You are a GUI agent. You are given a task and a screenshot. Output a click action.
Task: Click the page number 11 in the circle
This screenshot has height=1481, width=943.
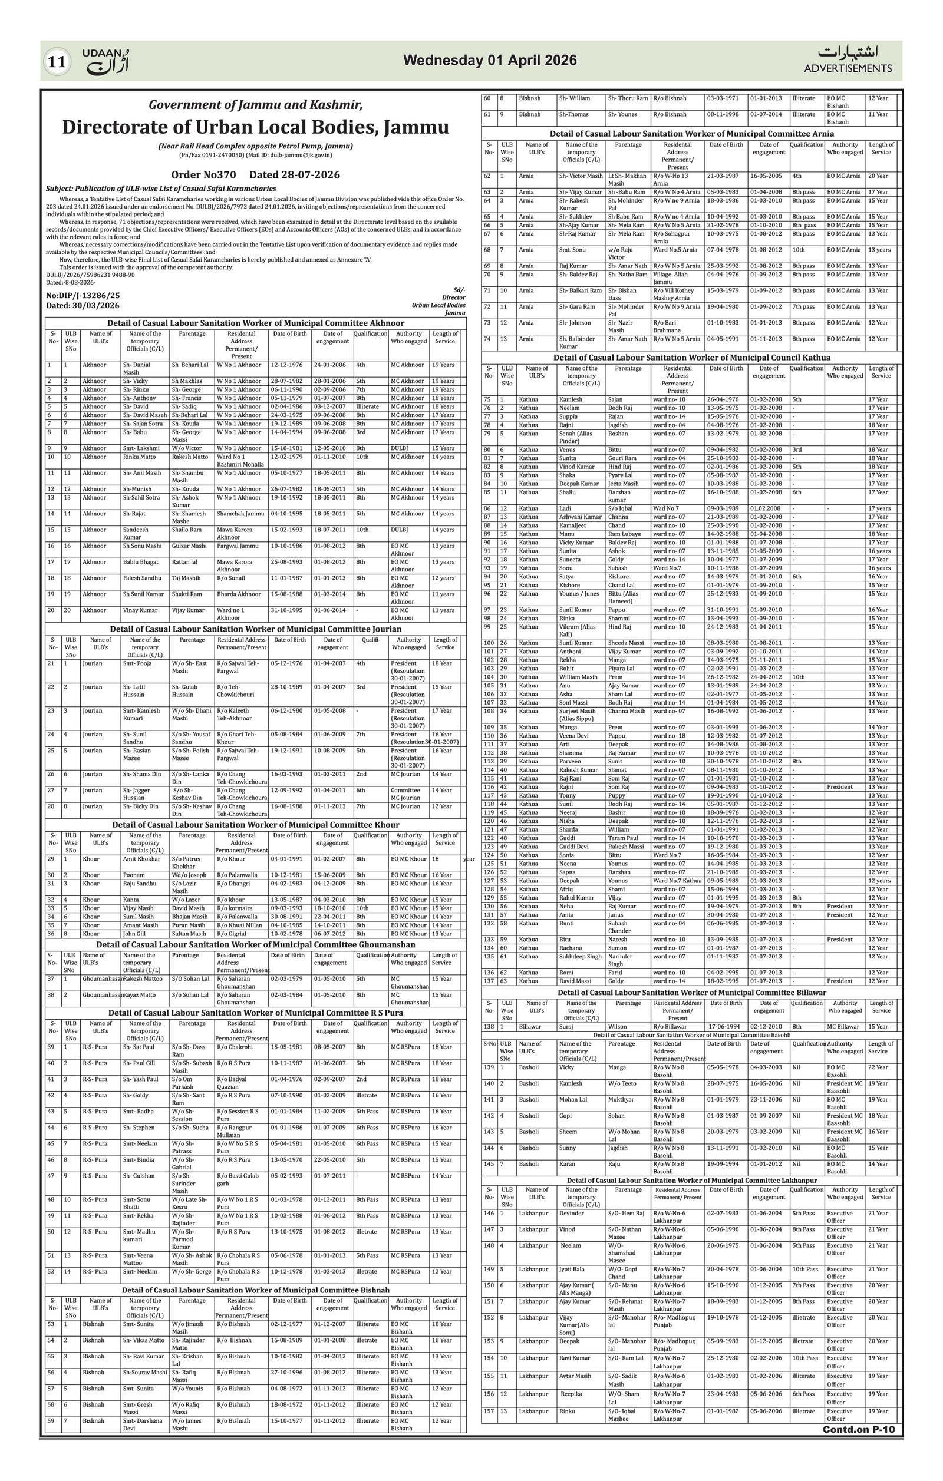[57, 61]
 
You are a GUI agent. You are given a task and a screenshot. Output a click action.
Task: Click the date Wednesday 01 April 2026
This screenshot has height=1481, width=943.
[490, 60]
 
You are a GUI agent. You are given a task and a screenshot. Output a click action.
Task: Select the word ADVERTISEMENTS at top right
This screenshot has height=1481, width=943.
[847, 68]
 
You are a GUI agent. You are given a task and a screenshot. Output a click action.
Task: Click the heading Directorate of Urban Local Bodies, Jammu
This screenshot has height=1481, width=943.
[255, 127]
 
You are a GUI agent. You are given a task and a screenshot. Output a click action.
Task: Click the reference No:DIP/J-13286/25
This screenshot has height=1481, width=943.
[83, 295]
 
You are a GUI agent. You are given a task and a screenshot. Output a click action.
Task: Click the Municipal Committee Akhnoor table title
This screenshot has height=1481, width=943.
[255, 323]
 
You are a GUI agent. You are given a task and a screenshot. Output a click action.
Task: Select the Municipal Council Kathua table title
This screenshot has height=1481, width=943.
[691, 358]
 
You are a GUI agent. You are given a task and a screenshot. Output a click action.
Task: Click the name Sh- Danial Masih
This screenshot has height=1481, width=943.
[137, 368]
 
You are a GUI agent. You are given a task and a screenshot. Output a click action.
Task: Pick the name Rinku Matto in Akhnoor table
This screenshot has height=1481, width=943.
[139, 457]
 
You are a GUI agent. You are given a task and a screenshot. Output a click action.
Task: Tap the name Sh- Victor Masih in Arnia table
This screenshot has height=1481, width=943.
[581, 176]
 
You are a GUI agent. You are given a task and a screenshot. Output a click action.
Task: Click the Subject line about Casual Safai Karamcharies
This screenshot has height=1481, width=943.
[161, 189]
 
